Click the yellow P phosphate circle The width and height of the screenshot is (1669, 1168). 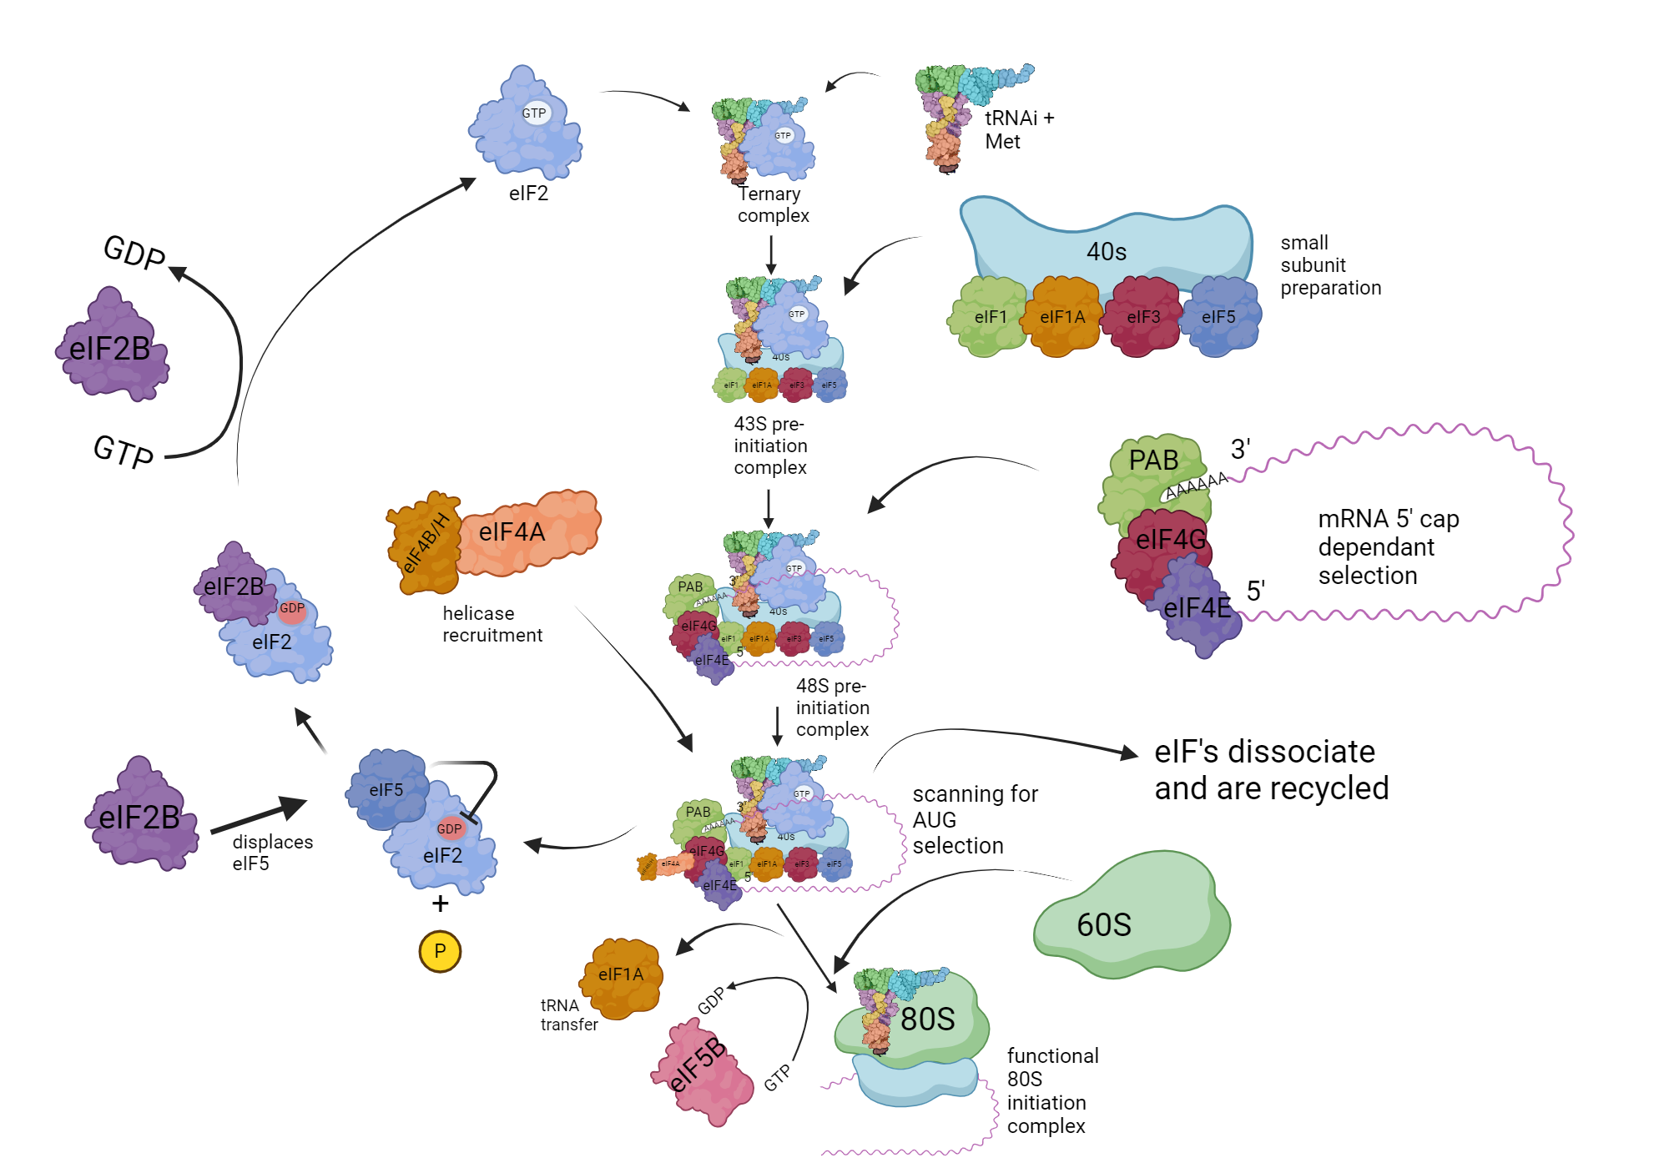pos(440,951)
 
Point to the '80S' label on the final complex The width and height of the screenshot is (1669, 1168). pos(927,1019)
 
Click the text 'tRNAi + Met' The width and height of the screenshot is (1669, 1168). pos(1018,129)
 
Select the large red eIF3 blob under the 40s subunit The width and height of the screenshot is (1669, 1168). pos(1143,317)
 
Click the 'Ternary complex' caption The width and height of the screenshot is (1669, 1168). pos(772,204)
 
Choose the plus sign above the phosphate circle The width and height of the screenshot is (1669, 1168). pos(440,904)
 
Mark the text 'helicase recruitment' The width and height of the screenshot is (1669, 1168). pos(492,624)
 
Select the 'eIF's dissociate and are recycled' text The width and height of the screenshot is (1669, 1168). pos(1271,769)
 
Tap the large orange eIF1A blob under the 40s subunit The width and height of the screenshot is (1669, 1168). pos(1062,317)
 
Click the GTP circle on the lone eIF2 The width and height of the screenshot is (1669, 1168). pos(535,113)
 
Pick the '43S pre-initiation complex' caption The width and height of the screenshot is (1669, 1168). pos(769,446)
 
